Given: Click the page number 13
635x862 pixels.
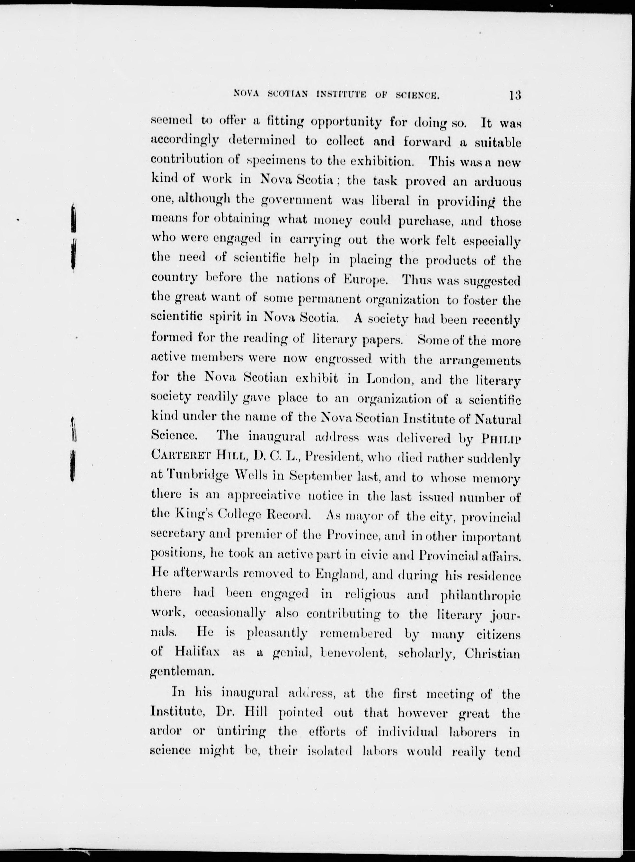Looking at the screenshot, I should tap(515, 95).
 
